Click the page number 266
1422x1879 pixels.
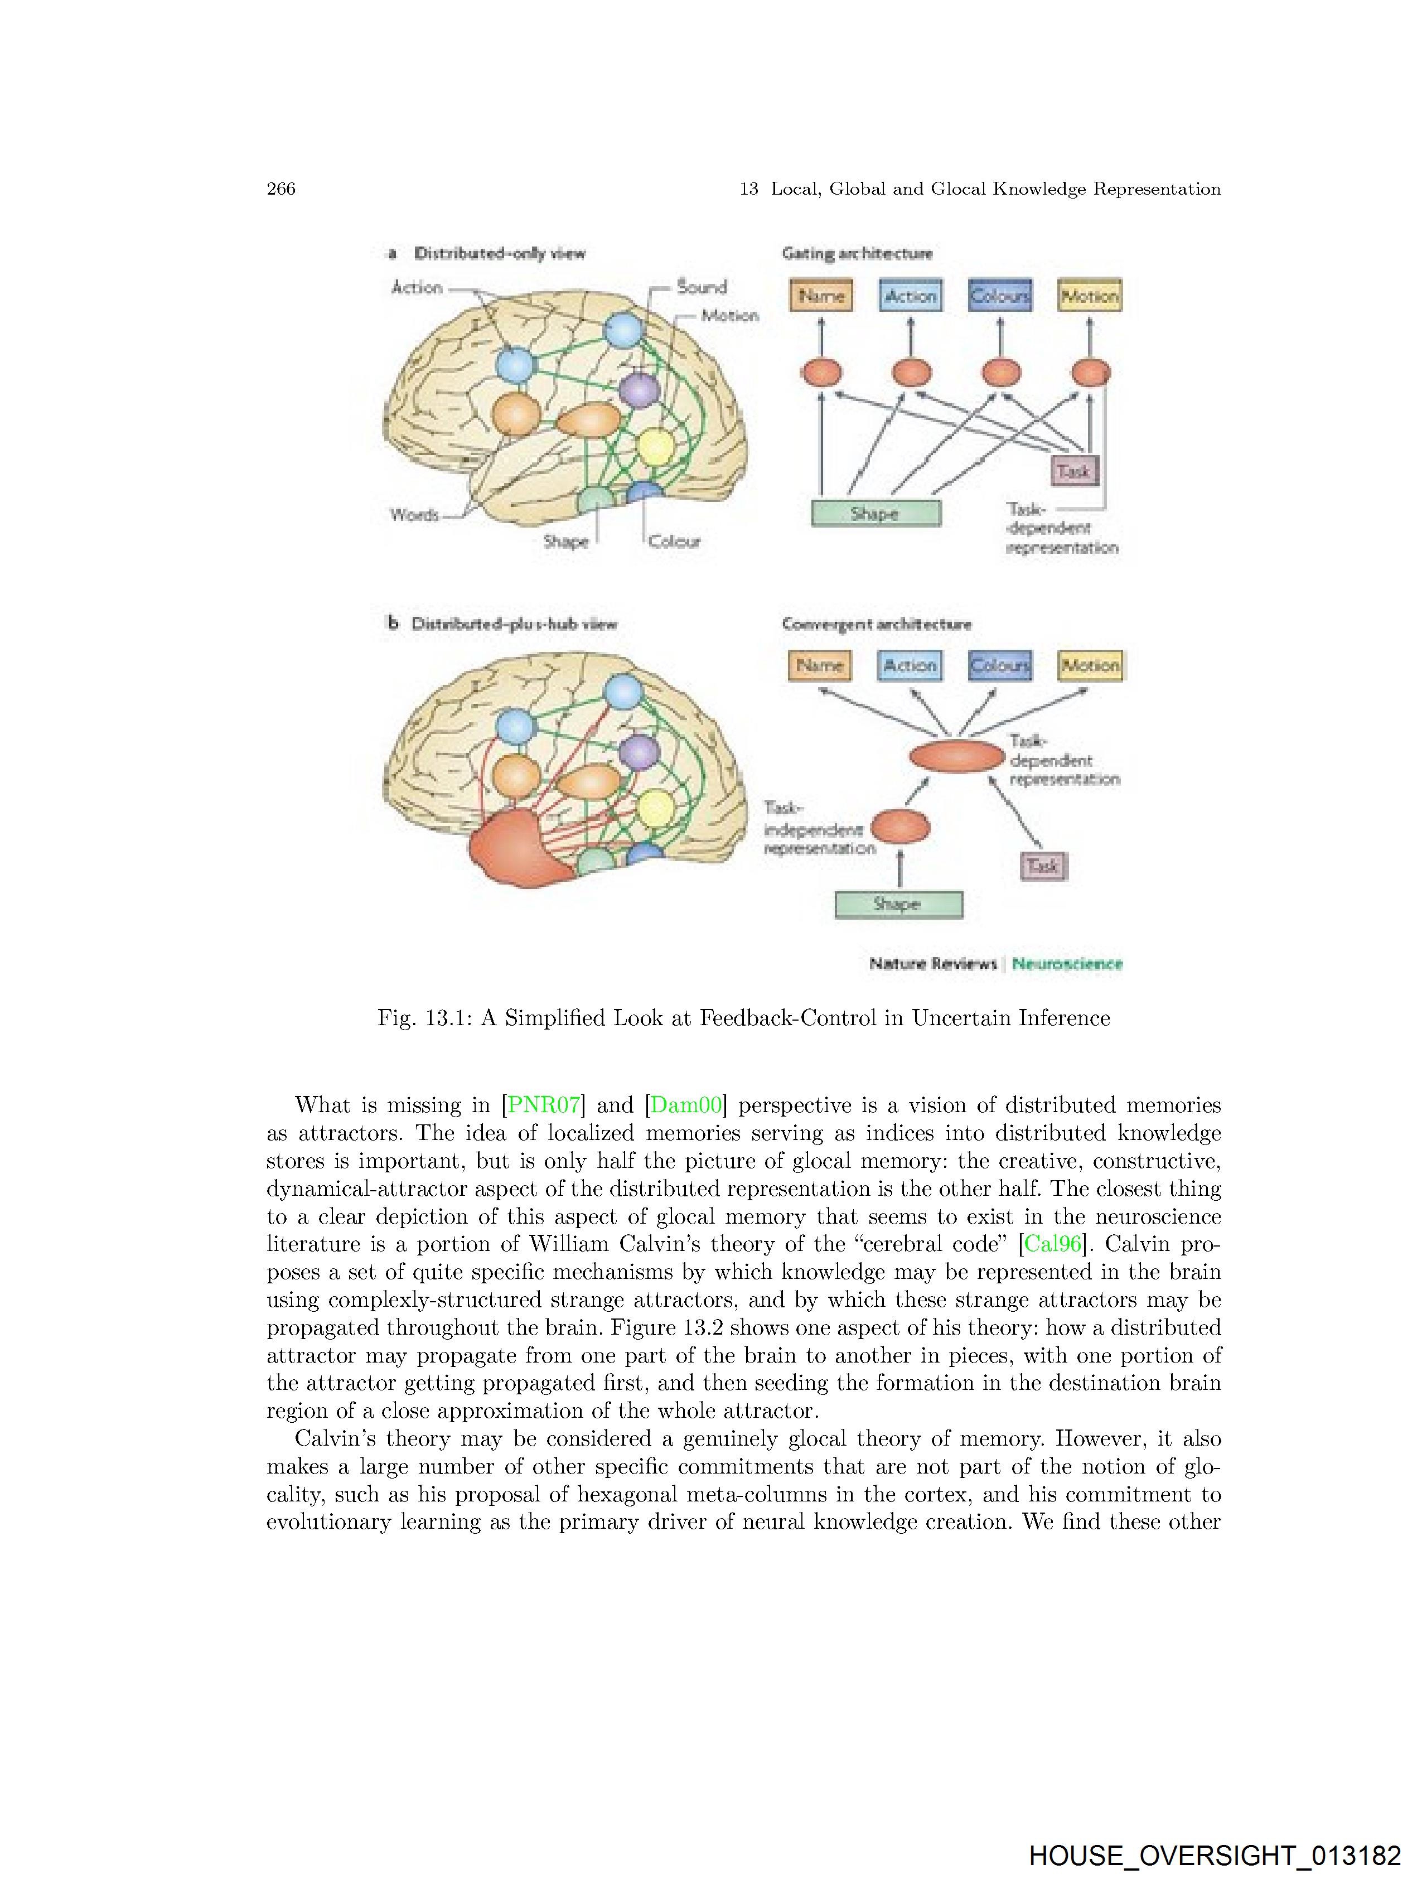tap(281, 189)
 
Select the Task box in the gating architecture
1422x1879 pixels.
tap(1073, 471)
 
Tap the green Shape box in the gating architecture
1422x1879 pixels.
tap(876, 513)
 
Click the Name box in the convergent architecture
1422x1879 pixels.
tap(820, 665)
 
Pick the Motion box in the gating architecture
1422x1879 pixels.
tap(1089, 296)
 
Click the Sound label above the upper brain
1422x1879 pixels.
tap(702, 287)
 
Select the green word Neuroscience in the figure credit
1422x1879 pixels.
tap(1067, 963)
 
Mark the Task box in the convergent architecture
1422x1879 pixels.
tap(1043, 866)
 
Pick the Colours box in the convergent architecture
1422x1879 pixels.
tap(1000, 665)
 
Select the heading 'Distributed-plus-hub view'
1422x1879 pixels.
tap(514, 624)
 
